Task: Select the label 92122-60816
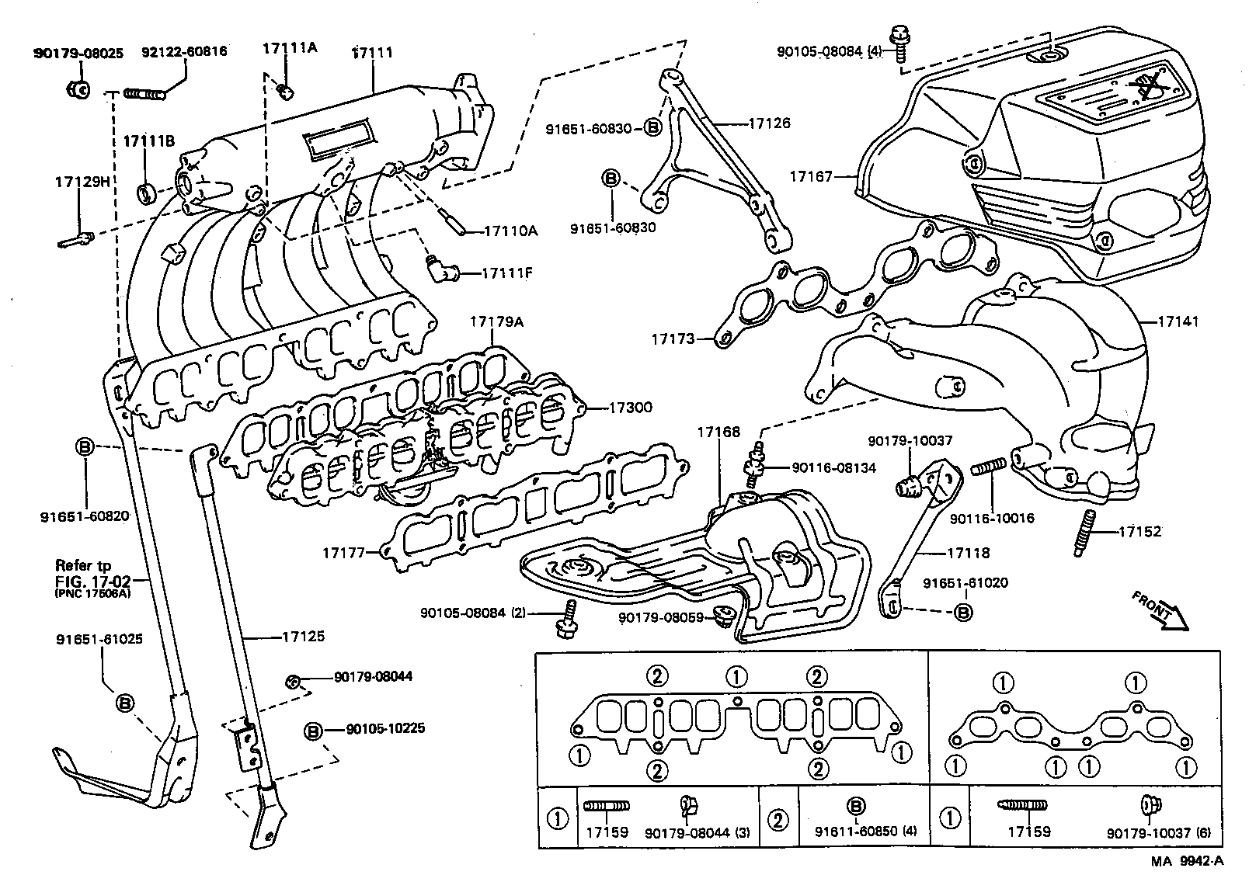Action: [x=184, y=52]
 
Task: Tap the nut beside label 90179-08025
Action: [x=78, y=90]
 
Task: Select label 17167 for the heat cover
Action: [x=811, y=177]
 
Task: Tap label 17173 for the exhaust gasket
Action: [x=672, y=339]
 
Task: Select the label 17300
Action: [x=630, y=407]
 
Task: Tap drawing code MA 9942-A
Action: [x=1187, y=859]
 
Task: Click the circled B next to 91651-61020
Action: [x=962, y=613]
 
